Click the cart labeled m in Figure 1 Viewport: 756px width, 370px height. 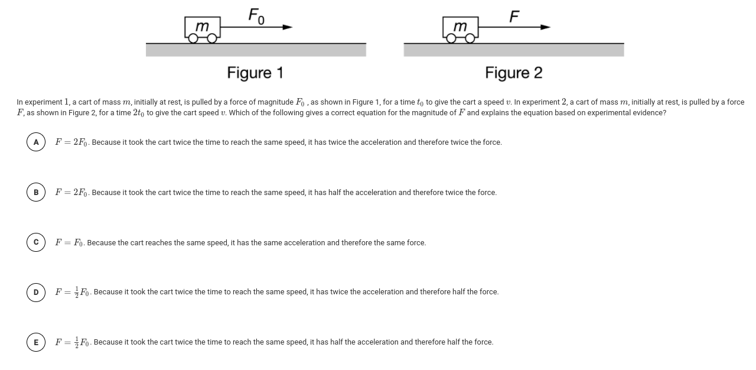pos(203,27)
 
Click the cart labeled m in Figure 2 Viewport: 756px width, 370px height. pos(460,27)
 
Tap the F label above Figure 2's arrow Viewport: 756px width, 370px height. pos(514,16)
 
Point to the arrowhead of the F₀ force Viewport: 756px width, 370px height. pos(288,27)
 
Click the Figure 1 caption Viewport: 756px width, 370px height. pos(255,73)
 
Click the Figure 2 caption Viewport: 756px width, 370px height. pos(513,73)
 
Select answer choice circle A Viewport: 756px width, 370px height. pos(36,142)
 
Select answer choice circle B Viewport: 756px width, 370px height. pos(36,193)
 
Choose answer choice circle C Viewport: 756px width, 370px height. pos(36,243)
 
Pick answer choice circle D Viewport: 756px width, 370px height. pos(36,292)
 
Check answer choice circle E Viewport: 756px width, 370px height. pos(36,342)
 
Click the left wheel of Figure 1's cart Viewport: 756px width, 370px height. pos(193,39)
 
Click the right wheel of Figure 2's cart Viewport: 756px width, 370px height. pos(470,39)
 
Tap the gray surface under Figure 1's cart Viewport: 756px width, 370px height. pos(256,50)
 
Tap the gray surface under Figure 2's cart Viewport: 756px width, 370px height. pos(513,50)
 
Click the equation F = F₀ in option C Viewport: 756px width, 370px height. pos(69,243)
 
